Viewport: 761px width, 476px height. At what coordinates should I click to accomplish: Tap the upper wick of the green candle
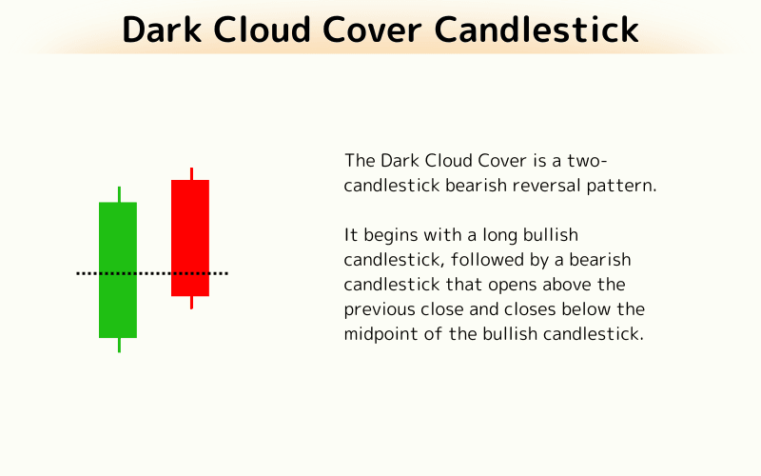tap(119, 194)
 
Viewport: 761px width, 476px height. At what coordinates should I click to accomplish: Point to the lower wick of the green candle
tap(119, 345)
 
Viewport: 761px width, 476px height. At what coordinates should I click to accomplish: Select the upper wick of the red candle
tap(191, 173)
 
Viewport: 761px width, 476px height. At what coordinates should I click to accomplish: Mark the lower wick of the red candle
tap(191, 302)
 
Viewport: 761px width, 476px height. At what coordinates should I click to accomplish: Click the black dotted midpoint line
tap(152, 273)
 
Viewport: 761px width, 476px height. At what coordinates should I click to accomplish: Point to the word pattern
tap(623, 185)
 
